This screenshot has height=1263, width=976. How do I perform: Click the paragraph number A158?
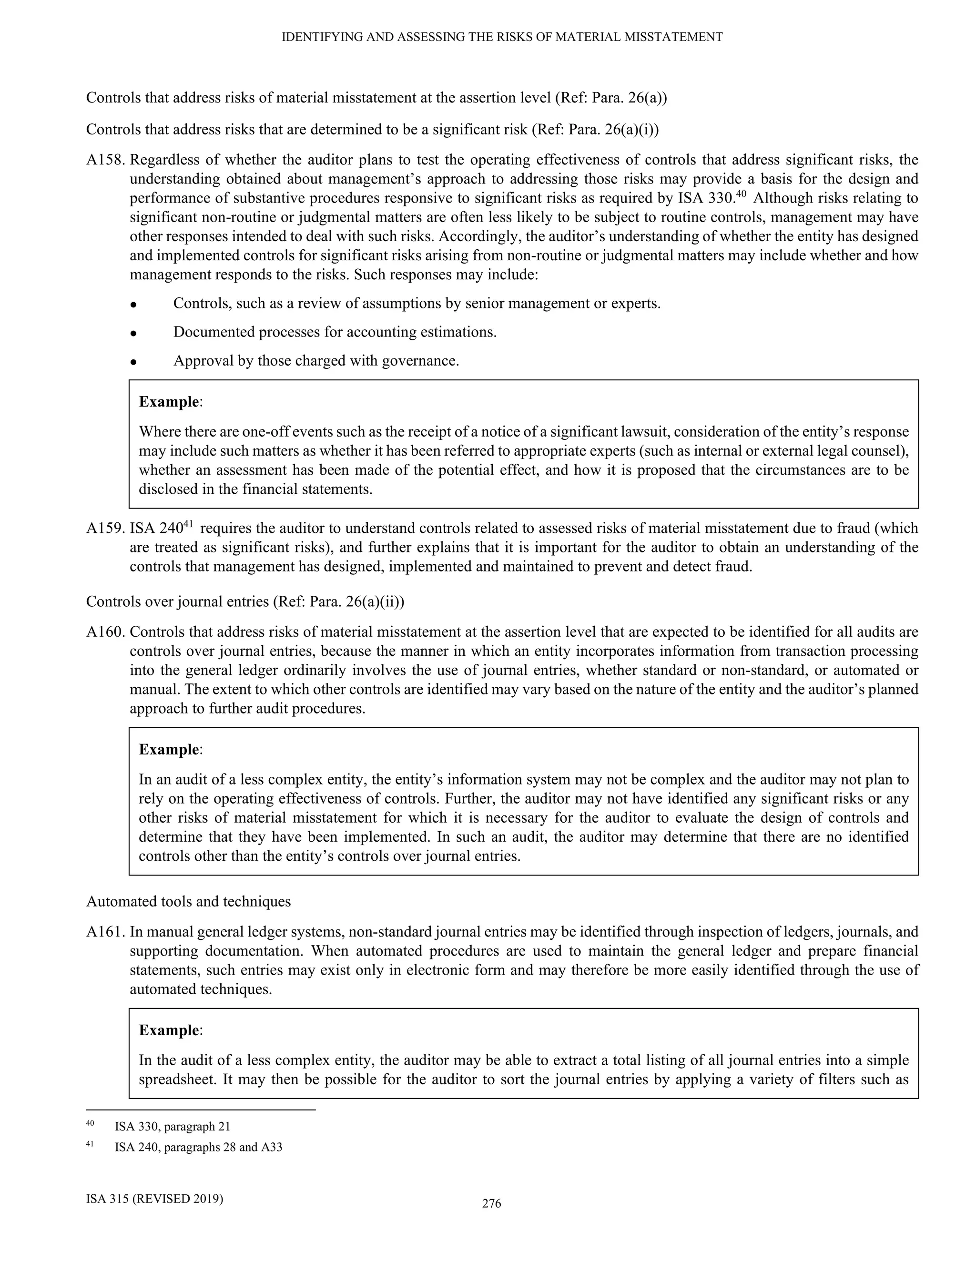[106, 160]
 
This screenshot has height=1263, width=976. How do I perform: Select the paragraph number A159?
[106, 529]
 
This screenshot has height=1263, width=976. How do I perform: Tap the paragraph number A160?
[106, 632]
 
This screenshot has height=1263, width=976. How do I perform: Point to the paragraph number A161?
[106, 932]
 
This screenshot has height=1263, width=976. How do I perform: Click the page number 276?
[491, 1203]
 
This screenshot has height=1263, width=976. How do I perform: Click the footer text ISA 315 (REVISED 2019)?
[154, 1198]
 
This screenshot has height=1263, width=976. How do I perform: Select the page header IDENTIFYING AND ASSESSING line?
[502, 37]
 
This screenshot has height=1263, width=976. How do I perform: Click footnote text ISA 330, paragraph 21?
[173, 1127]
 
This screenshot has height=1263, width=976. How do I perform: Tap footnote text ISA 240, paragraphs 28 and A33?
[198, 1147]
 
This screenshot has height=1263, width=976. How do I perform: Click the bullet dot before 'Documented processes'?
[133, 334]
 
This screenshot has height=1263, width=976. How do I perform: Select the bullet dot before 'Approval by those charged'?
[133, 363]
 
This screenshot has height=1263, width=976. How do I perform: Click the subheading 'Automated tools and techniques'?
[189, 902]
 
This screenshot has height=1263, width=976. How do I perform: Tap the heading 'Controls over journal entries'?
[245, 602]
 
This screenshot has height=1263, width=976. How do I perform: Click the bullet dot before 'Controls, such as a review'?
[133, 305]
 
